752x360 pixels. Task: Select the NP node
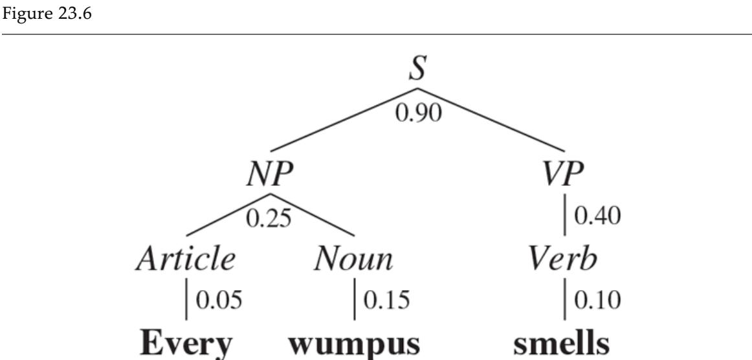pyautogui.click(x=271, y=174)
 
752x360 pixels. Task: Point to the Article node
pyautogui.click(x=186, y=259)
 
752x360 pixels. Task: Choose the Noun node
pyautogui.click(x=353, y=259)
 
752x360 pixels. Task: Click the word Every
pyautogui.click(x=186, y=343)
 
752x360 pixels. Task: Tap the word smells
pyautogui.click(x=564, y=343)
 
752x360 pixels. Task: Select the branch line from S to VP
pyautogui.click(x=492, y=120)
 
